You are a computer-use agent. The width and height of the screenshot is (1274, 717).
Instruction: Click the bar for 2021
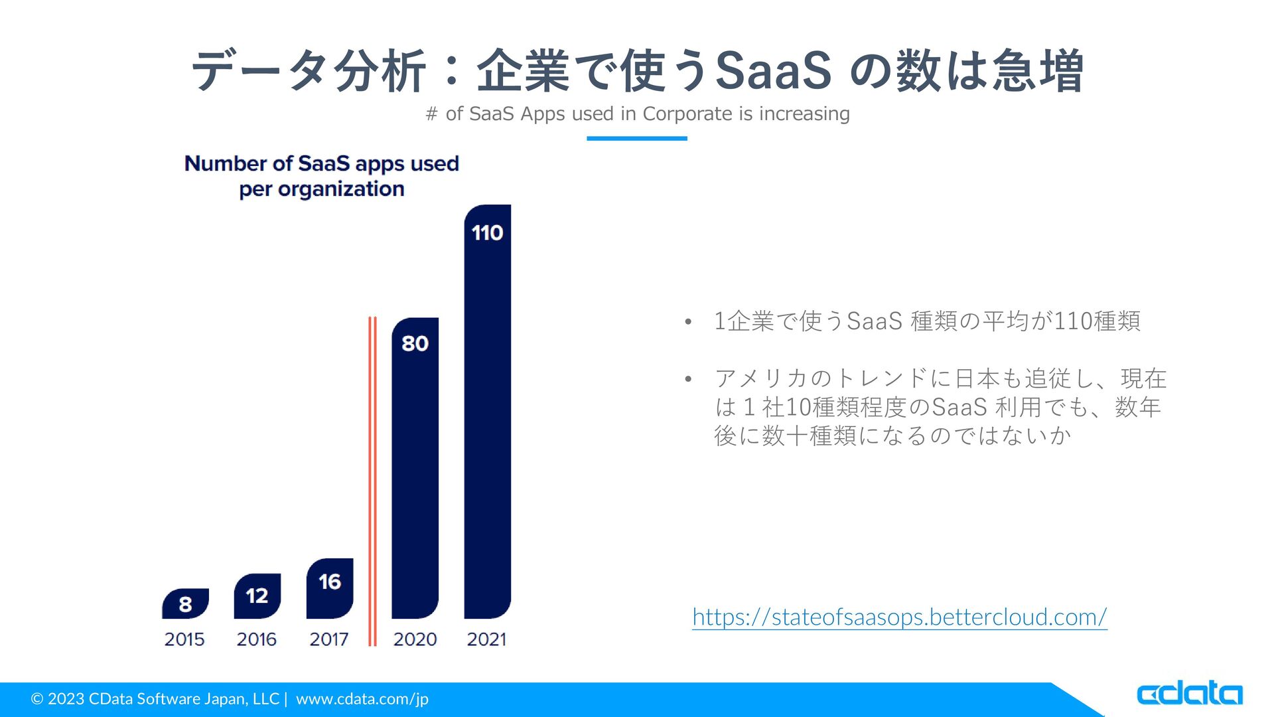[488, 412]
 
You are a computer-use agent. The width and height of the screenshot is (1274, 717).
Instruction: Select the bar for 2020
[415, 468]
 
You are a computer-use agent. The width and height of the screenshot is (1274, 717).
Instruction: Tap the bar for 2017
[330, 588]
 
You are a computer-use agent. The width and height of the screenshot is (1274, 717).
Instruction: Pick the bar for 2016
[257, 596]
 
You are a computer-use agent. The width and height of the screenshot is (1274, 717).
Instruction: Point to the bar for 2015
[185, 603]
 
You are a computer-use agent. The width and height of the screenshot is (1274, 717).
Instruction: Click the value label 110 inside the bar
[488, 233]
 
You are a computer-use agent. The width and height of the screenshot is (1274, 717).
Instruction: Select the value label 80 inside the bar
[415, 343]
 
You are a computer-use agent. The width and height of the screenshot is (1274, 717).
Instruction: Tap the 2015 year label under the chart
[184, 639]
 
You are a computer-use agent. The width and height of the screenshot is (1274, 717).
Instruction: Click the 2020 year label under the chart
[415, 639]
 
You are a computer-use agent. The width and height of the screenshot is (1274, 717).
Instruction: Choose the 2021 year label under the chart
[486, 639]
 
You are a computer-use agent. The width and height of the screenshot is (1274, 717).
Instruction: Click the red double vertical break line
[372, 481]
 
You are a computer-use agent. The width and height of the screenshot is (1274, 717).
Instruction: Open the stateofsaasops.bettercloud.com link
[900, 617]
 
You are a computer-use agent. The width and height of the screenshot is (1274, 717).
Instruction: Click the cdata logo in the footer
[1190, 693]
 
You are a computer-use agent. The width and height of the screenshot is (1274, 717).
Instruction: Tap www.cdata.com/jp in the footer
[362, 699]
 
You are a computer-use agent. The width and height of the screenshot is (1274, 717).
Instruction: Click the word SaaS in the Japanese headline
[774, 70]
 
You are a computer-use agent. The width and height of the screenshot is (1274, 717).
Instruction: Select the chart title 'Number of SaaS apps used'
[322, 163]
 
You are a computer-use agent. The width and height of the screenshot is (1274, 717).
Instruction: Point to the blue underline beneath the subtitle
[637, 138]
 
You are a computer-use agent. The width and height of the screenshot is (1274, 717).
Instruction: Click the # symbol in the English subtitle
[432, 114]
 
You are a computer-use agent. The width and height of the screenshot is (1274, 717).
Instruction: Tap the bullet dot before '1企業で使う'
[688, 323]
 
